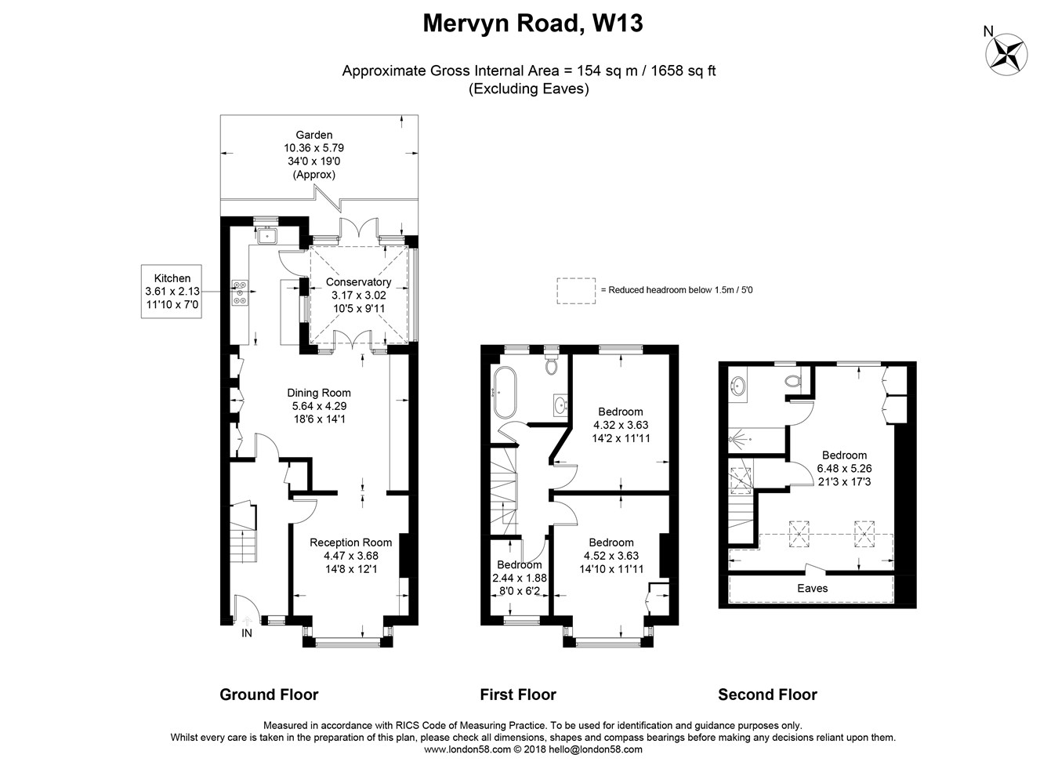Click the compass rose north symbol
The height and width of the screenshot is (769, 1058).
(x=1006, y=54)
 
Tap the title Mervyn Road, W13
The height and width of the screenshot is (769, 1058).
(x=532, y=24)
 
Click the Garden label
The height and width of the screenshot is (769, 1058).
(x=314, y=135)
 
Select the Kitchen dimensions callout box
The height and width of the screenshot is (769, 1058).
(x=172, y=291)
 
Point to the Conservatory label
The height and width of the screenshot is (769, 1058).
(x=358, y=282)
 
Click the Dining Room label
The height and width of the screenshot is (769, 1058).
(x=319, y=393)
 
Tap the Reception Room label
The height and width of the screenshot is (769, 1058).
(x=350, y=542)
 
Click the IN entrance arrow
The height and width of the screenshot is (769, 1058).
(x=247, y=621)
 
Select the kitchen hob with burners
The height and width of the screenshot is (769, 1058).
(x=240, y=293)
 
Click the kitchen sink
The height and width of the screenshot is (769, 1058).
(x=268, y=234)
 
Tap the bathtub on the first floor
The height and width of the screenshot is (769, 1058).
(x=505, y=393)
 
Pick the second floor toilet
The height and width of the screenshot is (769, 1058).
(x=793, y=379)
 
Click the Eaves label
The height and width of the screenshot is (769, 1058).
(x=813, y=588)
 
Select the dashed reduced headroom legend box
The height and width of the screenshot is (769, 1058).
(x=576, y=291)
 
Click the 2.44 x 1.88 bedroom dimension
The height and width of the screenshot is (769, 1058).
(x=520, y=578)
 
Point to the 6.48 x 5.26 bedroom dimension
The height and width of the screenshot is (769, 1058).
(x=845, y=469)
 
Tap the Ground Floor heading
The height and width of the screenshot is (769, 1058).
(x=270, y=695)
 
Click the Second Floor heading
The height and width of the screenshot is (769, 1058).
(x=767, y=695)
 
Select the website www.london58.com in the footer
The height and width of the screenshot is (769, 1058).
(x=467, y=749)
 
